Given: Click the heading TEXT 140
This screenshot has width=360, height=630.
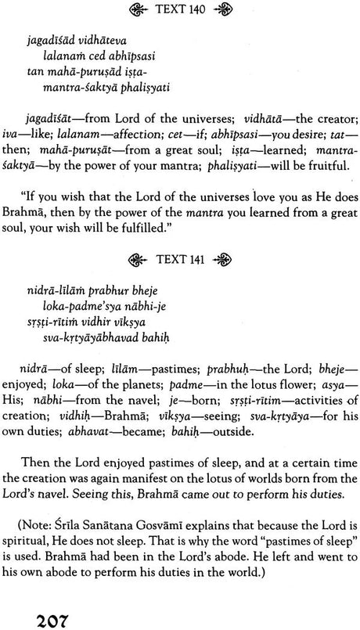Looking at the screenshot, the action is coord(181,13).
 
